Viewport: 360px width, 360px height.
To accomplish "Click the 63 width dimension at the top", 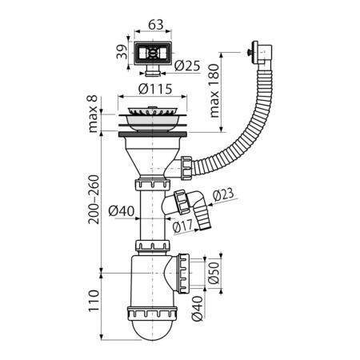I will tap(157, 25).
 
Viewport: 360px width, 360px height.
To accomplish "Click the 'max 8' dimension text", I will tap(93, 113).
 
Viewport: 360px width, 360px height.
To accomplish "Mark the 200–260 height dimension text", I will tap(93, 199).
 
